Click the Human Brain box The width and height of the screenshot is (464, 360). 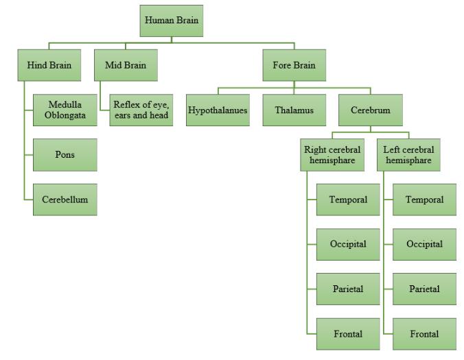171,21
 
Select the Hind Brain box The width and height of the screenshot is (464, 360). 49,66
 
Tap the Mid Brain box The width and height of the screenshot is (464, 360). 125,66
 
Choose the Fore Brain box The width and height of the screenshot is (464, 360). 294,66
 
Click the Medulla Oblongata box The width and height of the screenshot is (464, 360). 65,110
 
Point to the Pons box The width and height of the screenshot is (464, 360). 65,155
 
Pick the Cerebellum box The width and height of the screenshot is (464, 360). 65,200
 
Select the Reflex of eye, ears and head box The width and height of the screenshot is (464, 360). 141,110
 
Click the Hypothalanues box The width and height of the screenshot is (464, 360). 218,110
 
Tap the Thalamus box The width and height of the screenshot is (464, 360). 294,110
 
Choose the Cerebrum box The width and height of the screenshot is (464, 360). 371,110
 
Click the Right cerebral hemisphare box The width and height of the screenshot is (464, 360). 332,155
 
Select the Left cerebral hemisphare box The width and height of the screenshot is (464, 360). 408,155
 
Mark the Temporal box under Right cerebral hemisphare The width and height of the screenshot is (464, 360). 347,200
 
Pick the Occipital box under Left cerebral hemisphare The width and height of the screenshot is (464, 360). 424,244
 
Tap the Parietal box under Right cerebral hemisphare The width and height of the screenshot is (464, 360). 347,289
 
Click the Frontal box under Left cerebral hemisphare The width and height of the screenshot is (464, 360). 424,334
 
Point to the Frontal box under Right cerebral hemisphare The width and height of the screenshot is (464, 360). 347,334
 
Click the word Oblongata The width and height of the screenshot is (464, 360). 65,115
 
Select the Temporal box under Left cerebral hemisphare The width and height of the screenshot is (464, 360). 424,200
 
